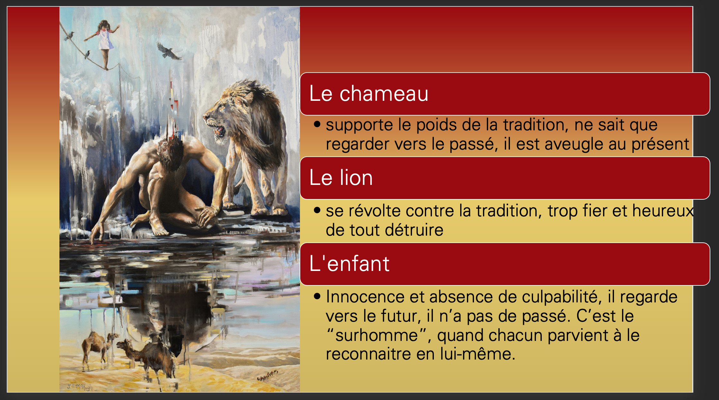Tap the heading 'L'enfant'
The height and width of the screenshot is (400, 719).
coord(349,264)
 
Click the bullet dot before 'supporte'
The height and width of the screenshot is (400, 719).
coord(317,124)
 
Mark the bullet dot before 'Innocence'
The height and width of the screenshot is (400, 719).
coord(317,296)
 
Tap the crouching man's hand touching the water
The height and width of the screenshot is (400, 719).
coord(96,234)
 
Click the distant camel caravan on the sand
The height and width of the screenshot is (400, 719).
coord(267,375)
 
